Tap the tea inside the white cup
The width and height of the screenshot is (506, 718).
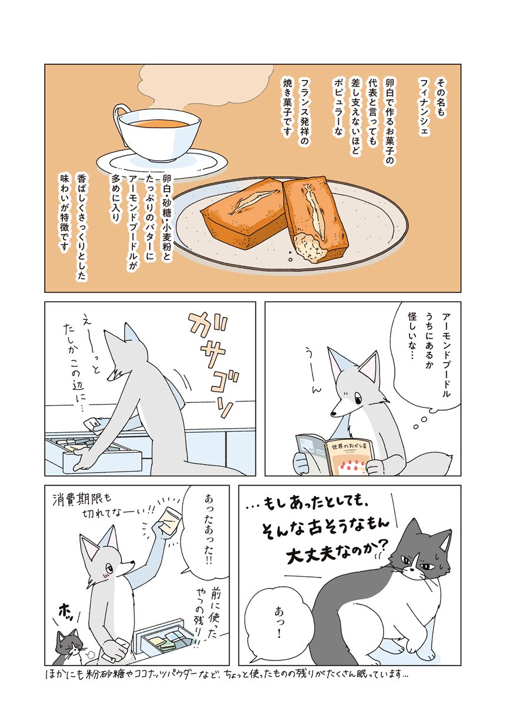click(x=159, y=123)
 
